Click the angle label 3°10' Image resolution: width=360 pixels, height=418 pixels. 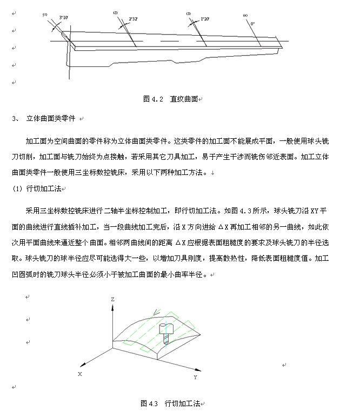coord(63,18)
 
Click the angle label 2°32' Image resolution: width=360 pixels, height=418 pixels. coord(133,19)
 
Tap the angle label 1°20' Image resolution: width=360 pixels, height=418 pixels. coord(205,18)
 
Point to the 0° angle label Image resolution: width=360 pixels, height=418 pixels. coord(252,23)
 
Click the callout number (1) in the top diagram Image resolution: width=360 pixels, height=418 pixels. coord(45,15)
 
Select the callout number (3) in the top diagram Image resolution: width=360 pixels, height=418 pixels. coord(188,14)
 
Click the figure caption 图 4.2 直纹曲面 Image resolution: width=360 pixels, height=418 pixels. coord(170,99)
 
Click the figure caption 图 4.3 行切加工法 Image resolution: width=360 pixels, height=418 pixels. coord(170,403)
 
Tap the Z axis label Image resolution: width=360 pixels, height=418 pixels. coord(112,299)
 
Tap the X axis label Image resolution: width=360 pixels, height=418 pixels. coord(79,374)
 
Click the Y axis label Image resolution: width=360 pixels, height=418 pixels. coord(195,377)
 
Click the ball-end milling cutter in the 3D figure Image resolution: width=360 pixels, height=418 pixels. coord(166,334)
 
